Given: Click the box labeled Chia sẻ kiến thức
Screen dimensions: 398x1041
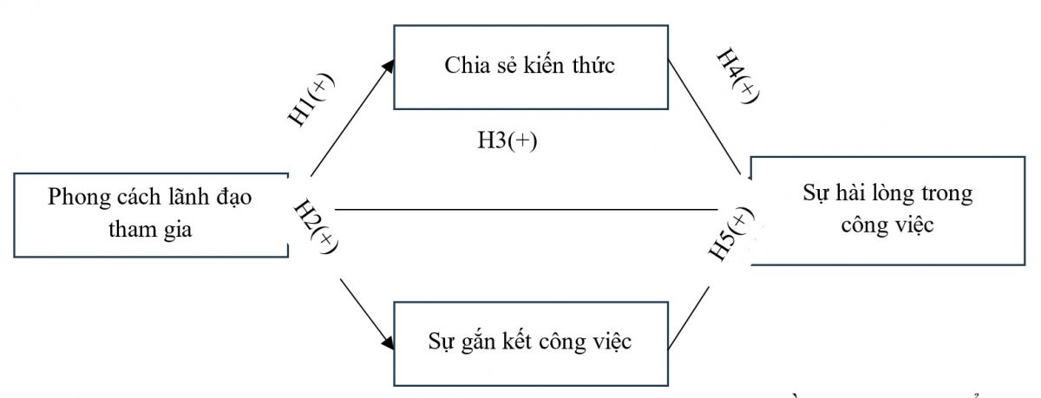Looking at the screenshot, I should [x=530, y=67].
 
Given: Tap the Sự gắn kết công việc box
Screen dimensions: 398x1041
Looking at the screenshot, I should [x=530, y=341].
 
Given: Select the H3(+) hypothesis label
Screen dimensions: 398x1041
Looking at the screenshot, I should [x=507, y=141].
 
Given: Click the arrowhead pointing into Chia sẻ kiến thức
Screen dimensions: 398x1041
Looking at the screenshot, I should [x=389, y=65].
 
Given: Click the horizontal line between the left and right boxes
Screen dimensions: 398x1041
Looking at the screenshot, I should [x=520, y=210].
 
